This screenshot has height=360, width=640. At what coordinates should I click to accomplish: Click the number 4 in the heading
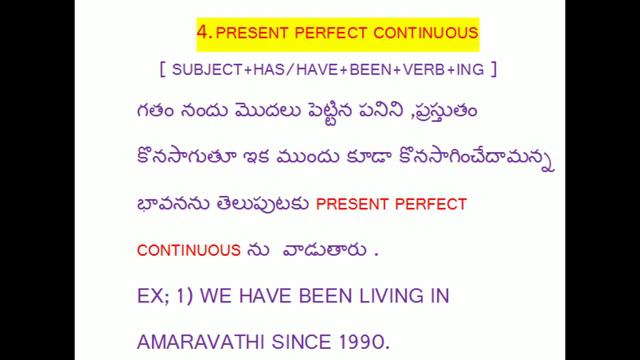click(x=203, y=32)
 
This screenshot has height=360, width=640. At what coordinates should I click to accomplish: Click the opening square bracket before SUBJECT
click(x=161, y=72)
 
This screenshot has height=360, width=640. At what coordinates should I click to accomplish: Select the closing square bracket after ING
click(x=493, y=72)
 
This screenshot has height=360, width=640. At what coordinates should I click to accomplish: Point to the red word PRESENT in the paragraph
click(x=357, y=205)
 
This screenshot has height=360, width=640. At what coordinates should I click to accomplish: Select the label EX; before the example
click(x=153, y=297)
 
